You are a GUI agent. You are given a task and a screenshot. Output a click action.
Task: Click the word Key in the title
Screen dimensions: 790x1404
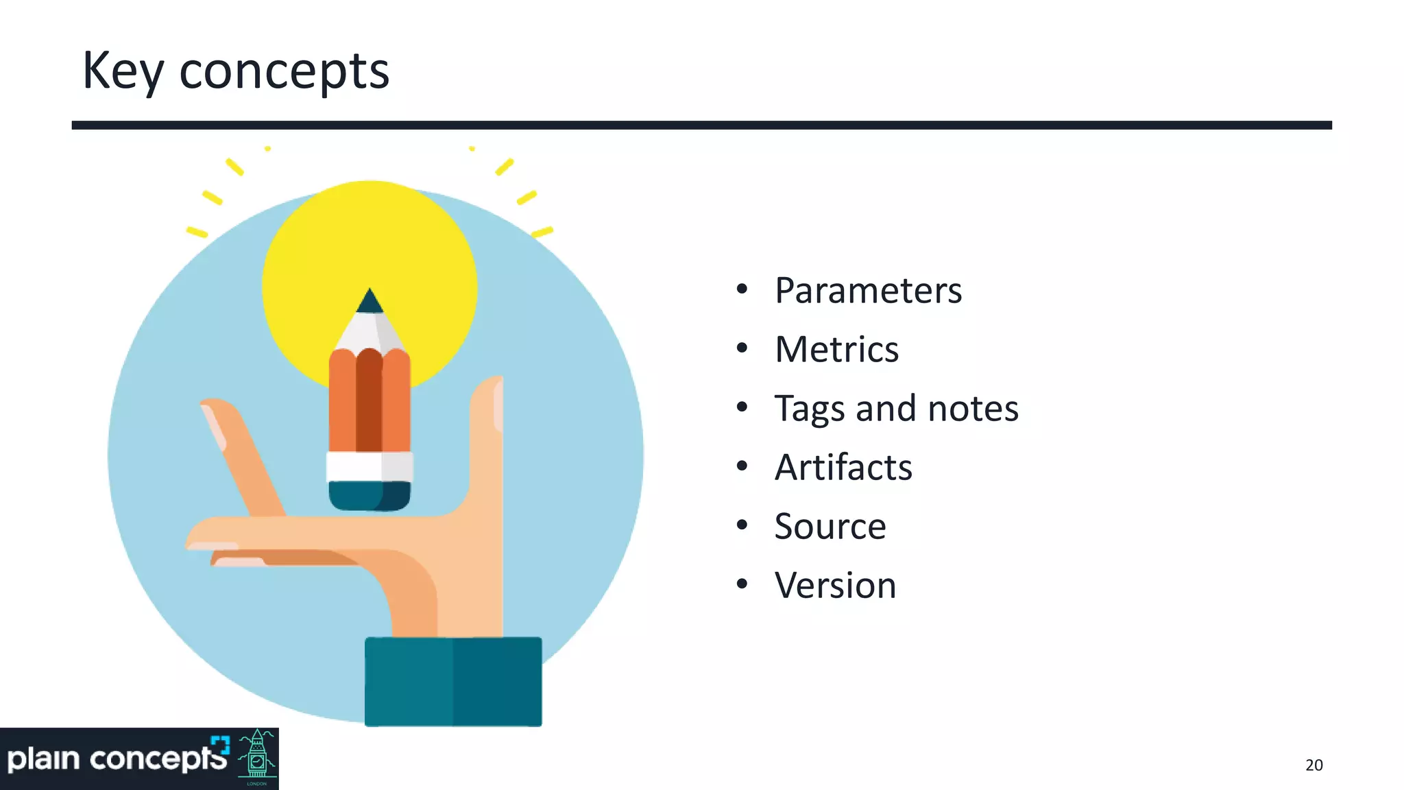click(x=123, y=71)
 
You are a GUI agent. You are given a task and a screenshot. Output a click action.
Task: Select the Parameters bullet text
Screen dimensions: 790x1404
click(x=868, y=291)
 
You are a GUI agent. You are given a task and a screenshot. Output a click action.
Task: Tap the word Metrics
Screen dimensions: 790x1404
click(x=836, y=350)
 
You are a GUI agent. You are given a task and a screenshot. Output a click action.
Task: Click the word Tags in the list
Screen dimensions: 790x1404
click(x=809, y=409)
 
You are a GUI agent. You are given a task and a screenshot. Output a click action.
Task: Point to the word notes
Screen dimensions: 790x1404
click(x=973, y=409)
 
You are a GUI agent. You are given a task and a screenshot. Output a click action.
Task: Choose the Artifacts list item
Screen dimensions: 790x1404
click(x=843, y=468)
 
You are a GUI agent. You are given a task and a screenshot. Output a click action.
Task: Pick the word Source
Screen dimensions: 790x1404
click(x=830, y=527)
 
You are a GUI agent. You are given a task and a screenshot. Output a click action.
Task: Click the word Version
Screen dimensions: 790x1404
click(x=835, y=586)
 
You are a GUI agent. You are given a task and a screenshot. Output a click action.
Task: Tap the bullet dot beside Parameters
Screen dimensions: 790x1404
click(x=742, y=289)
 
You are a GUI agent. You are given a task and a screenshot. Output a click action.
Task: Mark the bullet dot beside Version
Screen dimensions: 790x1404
click(x=742, y=584)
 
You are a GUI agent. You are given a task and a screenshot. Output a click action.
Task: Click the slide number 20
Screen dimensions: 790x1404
click(x=1314, y=765)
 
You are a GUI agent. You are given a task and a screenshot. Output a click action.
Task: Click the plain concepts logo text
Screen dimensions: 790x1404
click(x=117, y=759)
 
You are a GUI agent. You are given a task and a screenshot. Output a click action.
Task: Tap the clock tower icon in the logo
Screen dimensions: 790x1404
click(x=257, y=758)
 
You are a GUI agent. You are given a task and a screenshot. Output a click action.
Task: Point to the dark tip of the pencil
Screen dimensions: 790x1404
click(x=370, y=302)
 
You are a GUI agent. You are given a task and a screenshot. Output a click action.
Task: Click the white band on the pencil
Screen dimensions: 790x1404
click(x=370, y=466)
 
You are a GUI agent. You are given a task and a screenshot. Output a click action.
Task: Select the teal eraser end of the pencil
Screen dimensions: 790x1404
click(x=370, y=495)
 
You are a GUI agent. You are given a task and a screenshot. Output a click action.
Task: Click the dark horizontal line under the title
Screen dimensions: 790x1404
click(x=701, y=125)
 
